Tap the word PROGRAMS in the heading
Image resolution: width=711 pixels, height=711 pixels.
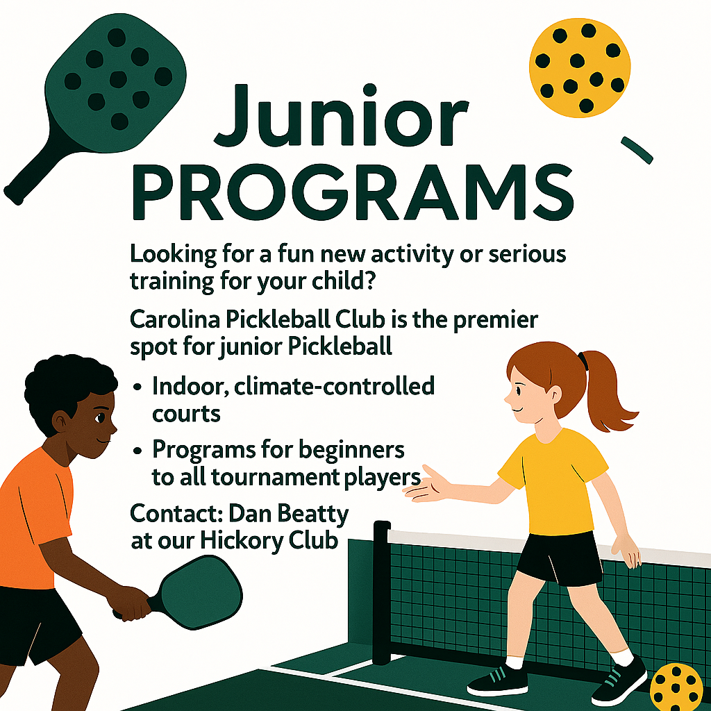353,193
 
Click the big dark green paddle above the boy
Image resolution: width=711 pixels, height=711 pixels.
104,95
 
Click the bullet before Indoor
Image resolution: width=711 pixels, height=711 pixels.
137,388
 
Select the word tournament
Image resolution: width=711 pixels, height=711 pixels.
275,477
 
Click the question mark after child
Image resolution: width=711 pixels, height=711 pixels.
369,281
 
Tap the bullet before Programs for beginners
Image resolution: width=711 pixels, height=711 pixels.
137,451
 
